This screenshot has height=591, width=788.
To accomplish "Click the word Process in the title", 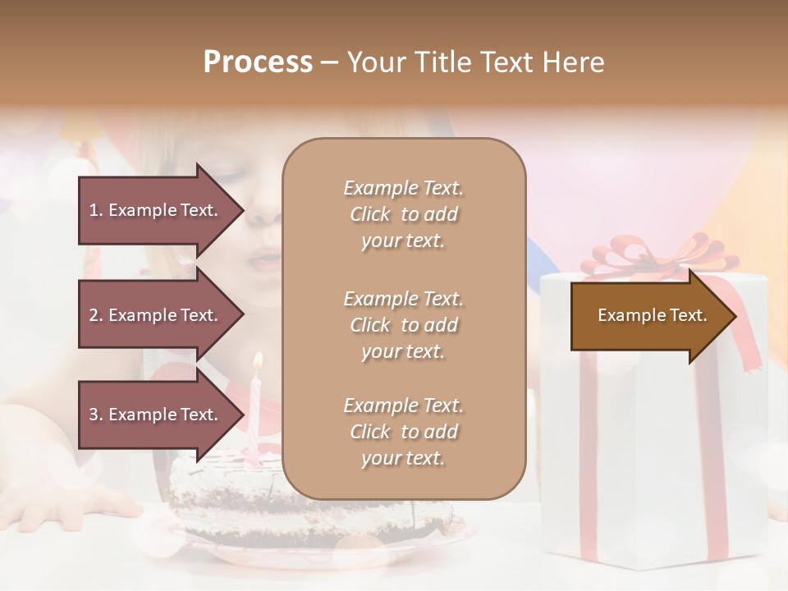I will tap(258, 62).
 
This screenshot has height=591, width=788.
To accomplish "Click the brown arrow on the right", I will tap(653, 316).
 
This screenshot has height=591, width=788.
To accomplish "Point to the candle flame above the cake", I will tap(258, 360).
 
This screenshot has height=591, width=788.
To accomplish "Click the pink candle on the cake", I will tap(255, 410).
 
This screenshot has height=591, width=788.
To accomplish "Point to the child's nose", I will tap(264, 215).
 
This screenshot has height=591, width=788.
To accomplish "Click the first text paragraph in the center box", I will tap(403, 214).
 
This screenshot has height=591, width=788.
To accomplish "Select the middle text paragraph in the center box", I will tap(403, 325).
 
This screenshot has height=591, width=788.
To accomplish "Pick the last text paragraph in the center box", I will tap(403, 432).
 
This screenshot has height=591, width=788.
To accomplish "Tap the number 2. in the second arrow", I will tap(96, 315).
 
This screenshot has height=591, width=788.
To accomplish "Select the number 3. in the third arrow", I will tap(96, 415).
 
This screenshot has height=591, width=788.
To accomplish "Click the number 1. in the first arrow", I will tap(96, 210).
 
